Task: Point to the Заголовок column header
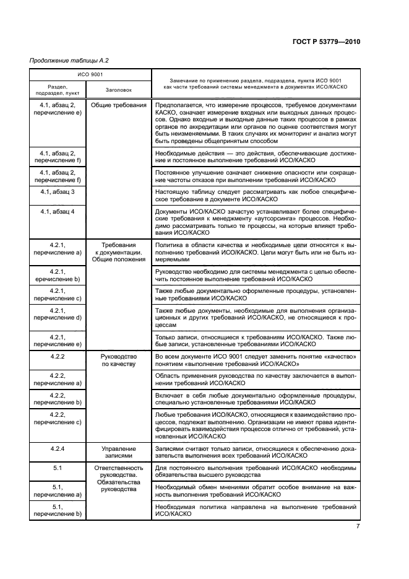(x=118, y=90)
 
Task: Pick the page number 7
(x=358, y=526)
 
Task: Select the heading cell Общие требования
(x=118, y=106)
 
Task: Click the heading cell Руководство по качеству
(x=118, y=361)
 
